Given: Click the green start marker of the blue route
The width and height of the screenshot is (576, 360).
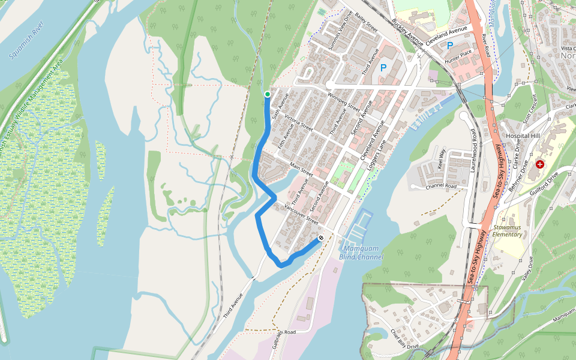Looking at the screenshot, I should (267, 94).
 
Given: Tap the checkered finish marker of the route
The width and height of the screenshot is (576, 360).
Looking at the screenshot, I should (322, 238).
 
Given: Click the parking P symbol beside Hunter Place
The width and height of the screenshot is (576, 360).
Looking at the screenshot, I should (449, 45).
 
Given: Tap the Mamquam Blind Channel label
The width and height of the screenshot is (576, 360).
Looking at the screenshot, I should (361, 253).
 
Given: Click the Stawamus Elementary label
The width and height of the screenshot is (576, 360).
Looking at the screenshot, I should (508, 231).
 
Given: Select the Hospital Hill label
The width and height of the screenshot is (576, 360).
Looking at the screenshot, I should (523, 136).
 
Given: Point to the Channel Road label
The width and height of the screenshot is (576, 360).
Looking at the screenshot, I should (441, 187).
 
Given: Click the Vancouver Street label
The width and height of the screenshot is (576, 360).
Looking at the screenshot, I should (301, 212).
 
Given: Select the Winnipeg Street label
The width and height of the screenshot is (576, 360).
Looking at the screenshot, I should (344, 102).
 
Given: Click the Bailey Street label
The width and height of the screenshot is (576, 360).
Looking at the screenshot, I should (365, 22).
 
